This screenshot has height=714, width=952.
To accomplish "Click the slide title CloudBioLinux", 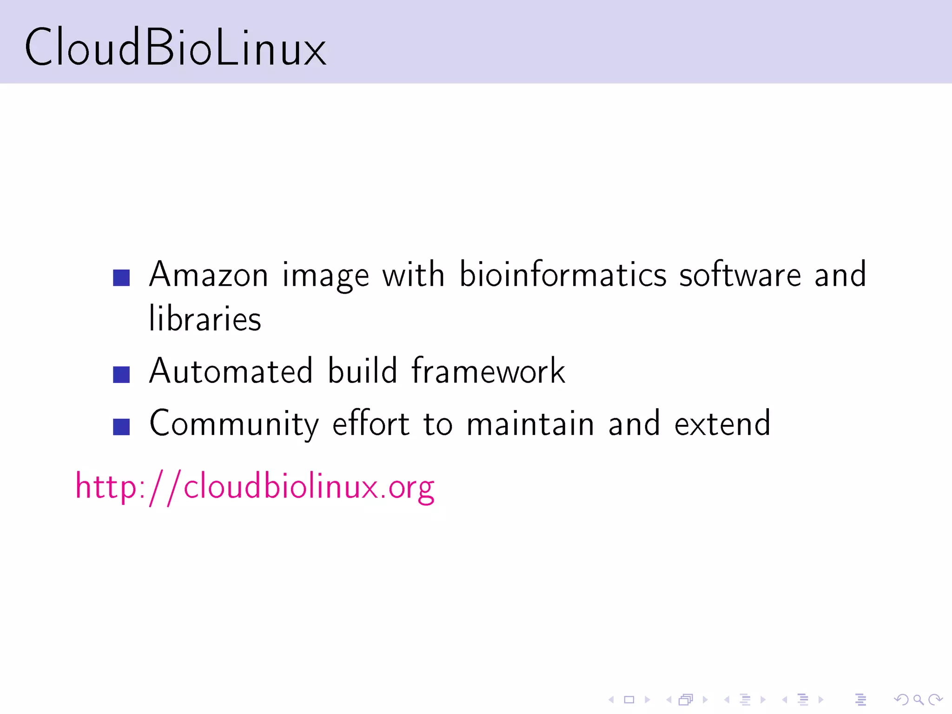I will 175,47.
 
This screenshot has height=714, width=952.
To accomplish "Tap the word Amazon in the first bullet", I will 209,275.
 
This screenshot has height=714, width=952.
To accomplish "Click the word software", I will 740,275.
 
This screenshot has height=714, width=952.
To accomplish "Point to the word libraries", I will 205,319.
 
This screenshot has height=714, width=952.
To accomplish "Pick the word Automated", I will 231,371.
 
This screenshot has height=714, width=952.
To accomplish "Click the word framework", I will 489,371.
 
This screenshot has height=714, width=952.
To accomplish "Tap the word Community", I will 234,424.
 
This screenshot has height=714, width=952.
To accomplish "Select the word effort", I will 371,424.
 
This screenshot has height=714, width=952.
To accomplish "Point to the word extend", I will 722,424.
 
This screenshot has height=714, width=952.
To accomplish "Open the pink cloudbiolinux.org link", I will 255,487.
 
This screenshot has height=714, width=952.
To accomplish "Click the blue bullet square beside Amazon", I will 121,278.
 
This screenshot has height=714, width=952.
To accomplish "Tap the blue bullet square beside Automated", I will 121,375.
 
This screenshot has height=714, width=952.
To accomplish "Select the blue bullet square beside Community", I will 121,427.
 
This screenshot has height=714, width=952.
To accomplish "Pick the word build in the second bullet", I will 363,371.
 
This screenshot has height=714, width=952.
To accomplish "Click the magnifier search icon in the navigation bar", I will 918,699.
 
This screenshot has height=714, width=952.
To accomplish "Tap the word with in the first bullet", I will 414,275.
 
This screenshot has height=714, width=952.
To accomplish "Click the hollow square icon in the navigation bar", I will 629,700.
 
